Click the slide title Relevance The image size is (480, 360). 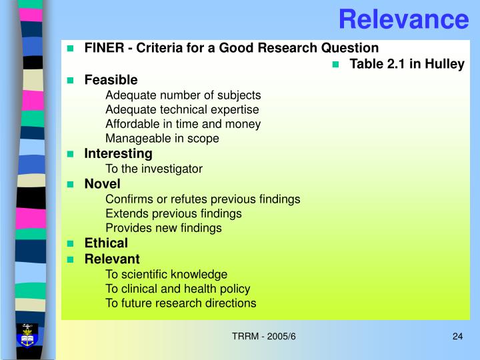403,19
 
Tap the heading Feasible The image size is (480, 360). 111,80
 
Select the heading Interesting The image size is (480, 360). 118,154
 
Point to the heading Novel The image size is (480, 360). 102,183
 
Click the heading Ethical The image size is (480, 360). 106,243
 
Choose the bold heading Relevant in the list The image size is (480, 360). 112,259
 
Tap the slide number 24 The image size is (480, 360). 457,335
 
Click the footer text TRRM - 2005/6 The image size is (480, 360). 263,335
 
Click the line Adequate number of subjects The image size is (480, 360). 183,95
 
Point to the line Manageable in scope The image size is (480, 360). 162,139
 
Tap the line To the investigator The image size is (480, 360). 154,169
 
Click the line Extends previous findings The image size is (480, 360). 173,213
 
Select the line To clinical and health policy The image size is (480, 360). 178,289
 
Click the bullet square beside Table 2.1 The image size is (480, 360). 336,65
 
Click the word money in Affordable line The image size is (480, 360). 245,124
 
